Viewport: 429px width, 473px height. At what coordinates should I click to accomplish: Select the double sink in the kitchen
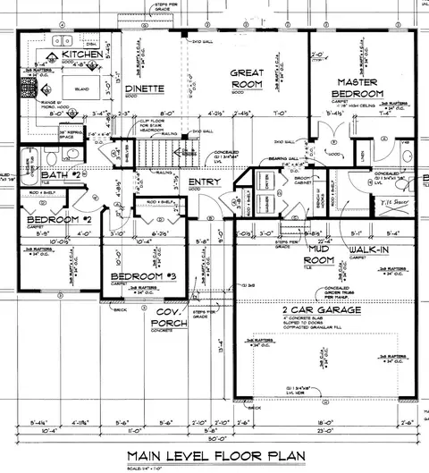coord(63,40)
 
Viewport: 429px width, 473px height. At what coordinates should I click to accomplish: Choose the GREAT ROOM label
coord(246,78)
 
